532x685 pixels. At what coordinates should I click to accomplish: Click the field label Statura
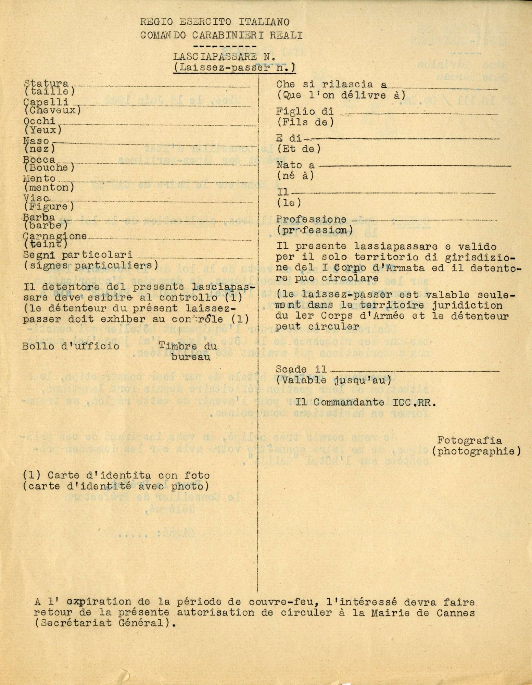click(46, 84)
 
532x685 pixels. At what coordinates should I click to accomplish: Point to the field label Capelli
click(46, 102)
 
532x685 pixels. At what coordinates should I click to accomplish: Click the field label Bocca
click(39, 160)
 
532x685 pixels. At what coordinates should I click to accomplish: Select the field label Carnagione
click(55, 237)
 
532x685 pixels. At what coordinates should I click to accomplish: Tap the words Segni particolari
click(77, 256)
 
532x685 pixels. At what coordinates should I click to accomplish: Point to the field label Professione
click(312, 219)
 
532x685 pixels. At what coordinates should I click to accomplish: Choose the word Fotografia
click(474, 441)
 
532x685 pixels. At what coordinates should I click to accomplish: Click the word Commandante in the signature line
click(343, 403)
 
